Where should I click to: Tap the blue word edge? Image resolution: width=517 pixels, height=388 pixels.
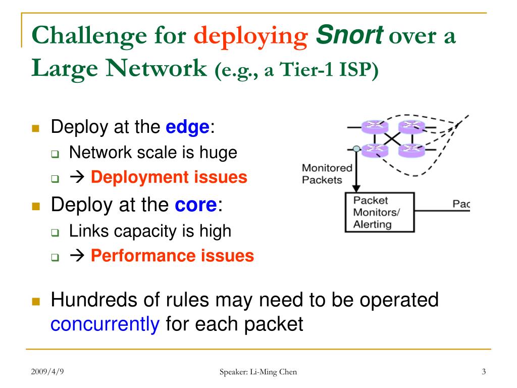[187, 127]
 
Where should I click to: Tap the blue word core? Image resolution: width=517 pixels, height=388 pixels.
[195, 205]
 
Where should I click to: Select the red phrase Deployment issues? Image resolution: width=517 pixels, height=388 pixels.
[169, 177]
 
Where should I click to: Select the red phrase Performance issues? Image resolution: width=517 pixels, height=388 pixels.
[172, 256]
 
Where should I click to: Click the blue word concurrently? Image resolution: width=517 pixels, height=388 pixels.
[105, 323]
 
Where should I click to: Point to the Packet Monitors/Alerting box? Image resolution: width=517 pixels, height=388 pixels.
[379, 212]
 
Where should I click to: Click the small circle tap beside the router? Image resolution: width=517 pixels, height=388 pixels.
[357, 149]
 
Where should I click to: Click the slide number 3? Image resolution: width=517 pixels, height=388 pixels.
[484, 372]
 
